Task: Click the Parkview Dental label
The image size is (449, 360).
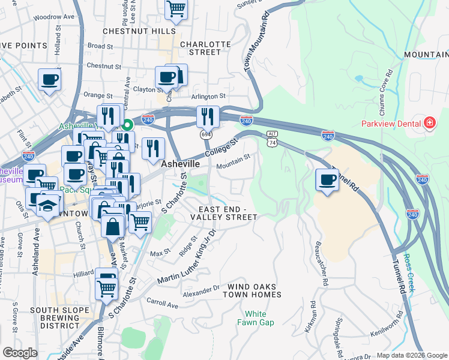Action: coord(390,124)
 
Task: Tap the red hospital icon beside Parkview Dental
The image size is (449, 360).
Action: coord(429,124)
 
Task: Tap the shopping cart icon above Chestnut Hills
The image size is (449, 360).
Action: coord(176,9)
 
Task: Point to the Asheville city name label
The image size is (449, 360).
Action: coord(181,163)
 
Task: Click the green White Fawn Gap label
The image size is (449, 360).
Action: coord(259,318)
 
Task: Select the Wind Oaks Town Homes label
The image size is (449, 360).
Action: coord(252,290)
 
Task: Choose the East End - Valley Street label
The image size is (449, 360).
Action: coord(228,212)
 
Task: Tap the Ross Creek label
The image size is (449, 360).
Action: coord(410,273)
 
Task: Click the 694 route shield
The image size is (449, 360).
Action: coord(205,134)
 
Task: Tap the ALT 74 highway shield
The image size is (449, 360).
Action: coord(273,139)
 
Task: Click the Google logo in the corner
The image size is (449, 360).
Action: coord(20,353)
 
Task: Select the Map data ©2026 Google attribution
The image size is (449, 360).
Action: coord(412,355)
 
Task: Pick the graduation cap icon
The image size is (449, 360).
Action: coord(47,205)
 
